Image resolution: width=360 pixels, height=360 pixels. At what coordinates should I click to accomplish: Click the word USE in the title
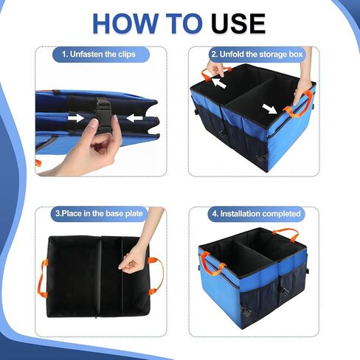pyautogui.click(x=238, y=24)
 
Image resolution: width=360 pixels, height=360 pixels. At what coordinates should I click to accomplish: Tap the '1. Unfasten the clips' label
pyautogui.click(x=98, y=54)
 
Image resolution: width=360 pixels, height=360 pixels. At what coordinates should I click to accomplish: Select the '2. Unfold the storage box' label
pyautogui.click(x=255, y=54)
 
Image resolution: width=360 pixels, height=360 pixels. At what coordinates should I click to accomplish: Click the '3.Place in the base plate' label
pyautogui.click(x=98, y=213)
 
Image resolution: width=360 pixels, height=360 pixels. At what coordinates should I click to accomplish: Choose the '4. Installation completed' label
pyautogui.click(x=255, y=213)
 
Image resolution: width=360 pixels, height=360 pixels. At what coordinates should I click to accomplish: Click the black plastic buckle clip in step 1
pyautogui.click(x=103, y=115)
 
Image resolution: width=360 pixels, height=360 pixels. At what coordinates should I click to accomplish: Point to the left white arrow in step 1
pyautogui.click(x=75, y=117)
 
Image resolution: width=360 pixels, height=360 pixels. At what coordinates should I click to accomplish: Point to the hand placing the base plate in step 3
pyautogui.click(x=133, y=258)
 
